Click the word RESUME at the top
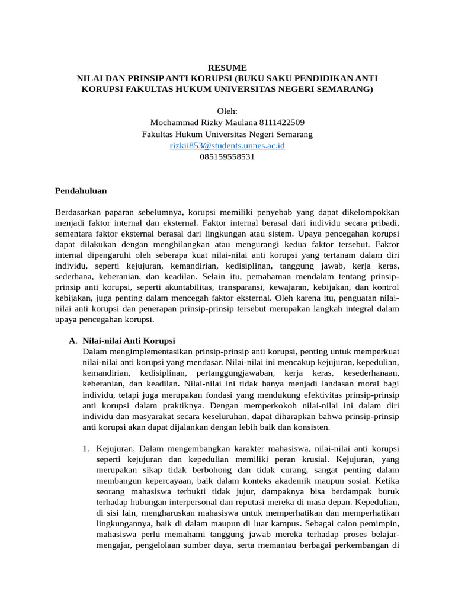[x=227, y=68]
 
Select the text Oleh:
[x=227, y=111]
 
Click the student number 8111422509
[x=281, y=123]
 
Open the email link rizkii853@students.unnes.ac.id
[x=227, y=145]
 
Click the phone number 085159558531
[x=227, y=156]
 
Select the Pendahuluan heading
[x=81, y=190]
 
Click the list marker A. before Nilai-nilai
[x=73, y=341]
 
